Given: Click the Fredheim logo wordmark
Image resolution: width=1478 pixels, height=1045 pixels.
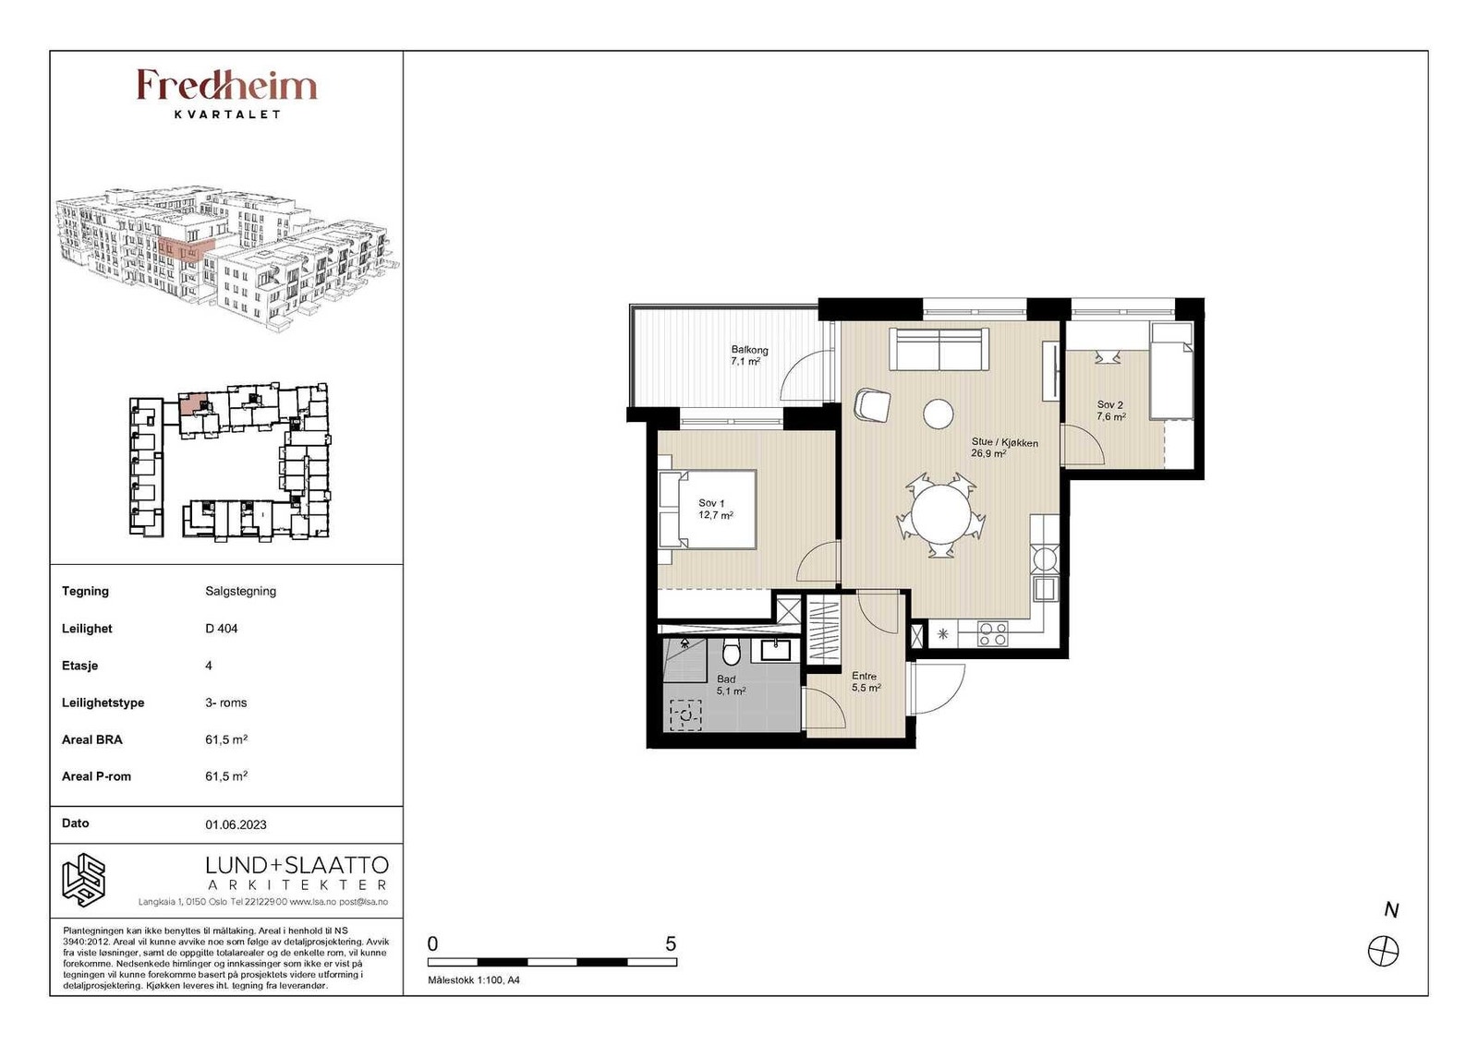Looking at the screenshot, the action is [x=227, y=86].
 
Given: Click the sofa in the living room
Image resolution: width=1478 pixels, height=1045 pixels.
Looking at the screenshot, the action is [x=939, y=350].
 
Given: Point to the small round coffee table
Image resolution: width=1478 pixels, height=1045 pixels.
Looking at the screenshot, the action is [x=938, y=414].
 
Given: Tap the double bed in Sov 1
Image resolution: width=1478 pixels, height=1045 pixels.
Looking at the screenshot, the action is [x=708, y=509].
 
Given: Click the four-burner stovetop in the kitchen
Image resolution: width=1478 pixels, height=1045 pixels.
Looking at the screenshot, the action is [x=992, y=633].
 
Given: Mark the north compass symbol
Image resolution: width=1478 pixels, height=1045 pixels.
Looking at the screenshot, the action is [x=1383, y=952].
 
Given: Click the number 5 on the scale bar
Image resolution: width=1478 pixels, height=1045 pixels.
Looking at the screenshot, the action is [x=671, y=943].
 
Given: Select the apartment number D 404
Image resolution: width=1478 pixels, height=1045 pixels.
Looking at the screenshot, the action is [x=221, y=629].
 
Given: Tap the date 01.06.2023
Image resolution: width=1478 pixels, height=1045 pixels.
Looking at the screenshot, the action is [x=236, y=824].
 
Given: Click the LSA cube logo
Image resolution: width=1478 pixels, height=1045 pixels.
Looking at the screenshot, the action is [x=84, y=880].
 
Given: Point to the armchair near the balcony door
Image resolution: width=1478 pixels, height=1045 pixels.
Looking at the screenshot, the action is [x=872, y=404].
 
